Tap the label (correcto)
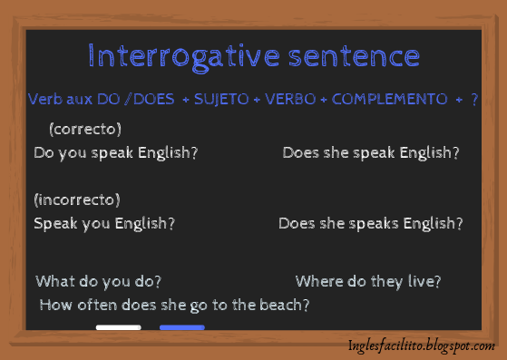pyautogui.click(x=84, y=129)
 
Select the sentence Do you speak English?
pyautogui.click(x=115, y=152)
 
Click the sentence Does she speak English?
pyautogui.click(x=370, y=152)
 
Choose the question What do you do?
pyautogui.click(x=99, y=282)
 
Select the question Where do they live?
pyautogui.click(x=367, y=282)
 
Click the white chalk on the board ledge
pyautogui.click(x=118, y=327)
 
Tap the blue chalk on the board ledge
pyautogui.click(x=181, y=327)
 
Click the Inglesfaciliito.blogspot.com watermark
pyautogui.click(x=421, y=346)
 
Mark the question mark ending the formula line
pyautogui.click(x=474, y=99)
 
